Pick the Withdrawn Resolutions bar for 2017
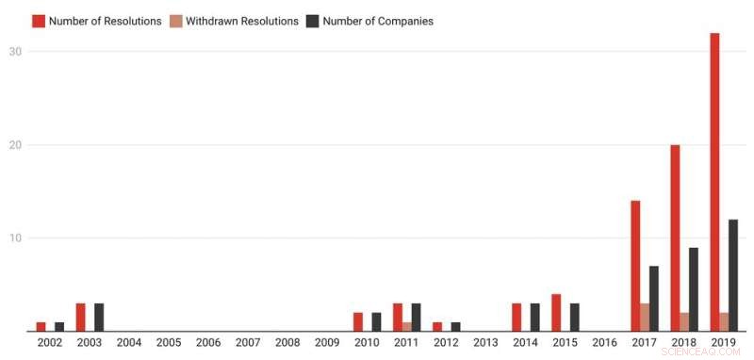pyautogui.click(x=645, y=318)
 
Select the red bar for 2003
pyautogui.click(x=81, y=318)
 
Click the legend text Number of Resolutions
pyautogui.click(x=105, y=21)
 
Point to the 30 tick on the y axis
pyautogui.click(x=16, y=52)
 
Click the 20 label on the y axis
pyautogui.click(x=16, y=145)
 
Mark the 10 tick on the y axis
pyautogui.click(x=16, y=238)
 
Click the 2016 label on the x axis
pyautogui.click(x=603, y=343)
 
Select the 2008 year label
pyautogui.click(x=287, y=343)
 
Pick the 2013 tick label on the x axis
pyautogui.click(x=485, y=343)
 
